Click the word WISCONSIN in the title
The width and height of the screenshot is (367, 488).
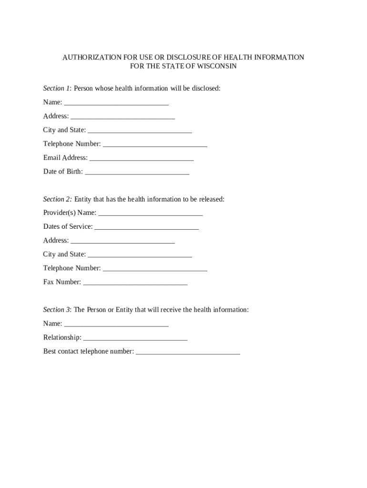(x=216, y=67)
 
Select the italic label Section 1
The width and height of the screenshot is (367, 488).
(x=57, y=89)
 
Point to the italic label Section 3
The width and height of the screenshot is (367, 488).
(x=57, y=310)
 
